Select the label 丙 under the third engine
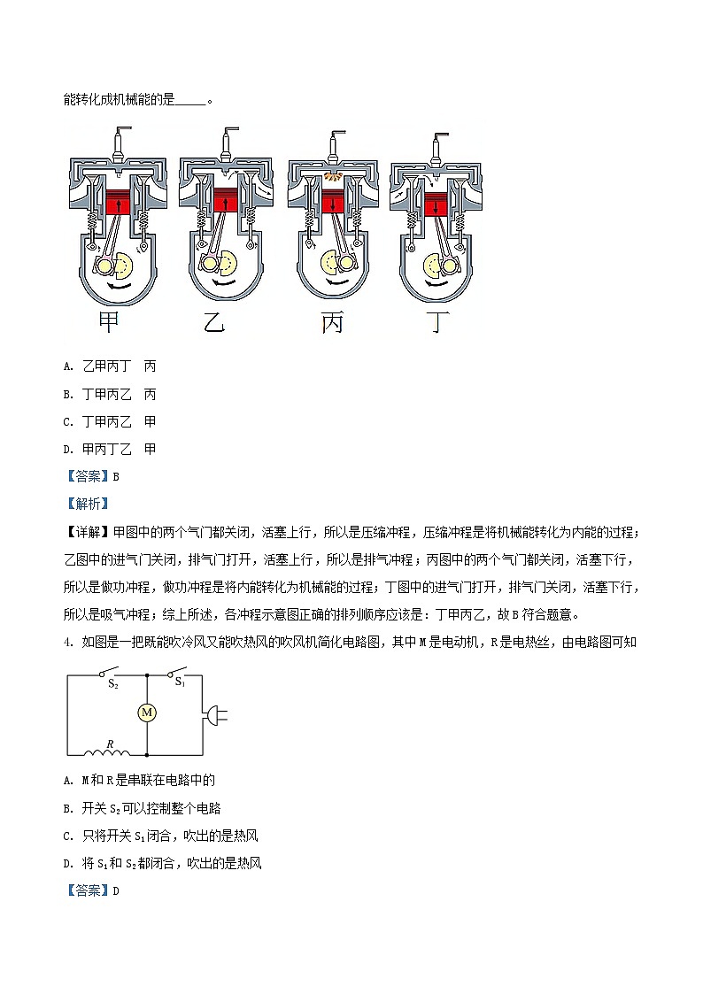tap(331, 324)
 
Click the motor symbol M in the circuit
tap(148, 712)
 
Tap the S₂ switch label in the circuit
tap(113, 683)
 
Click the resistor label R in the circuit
tap(110, 744)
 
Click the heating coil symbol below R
tap(107, 754)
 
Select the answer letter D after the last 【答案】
tap(116, 891)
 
